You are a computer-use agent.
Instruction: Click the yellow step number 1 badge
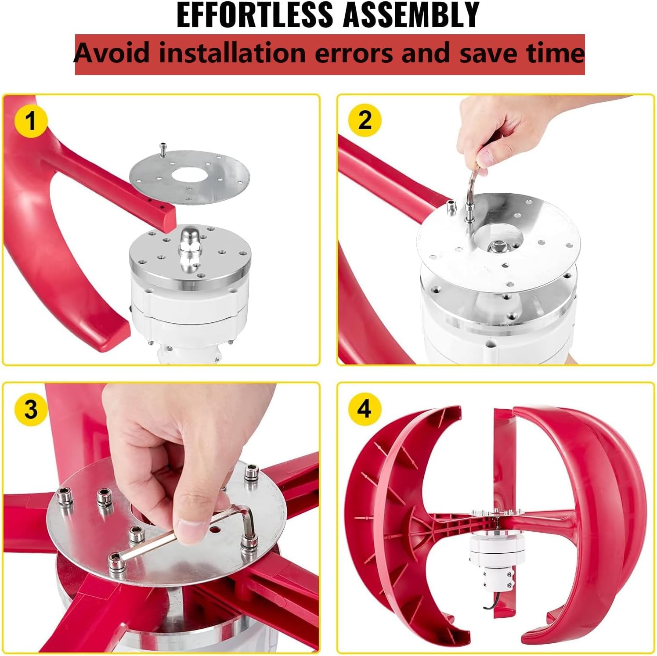pos(30,120)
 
